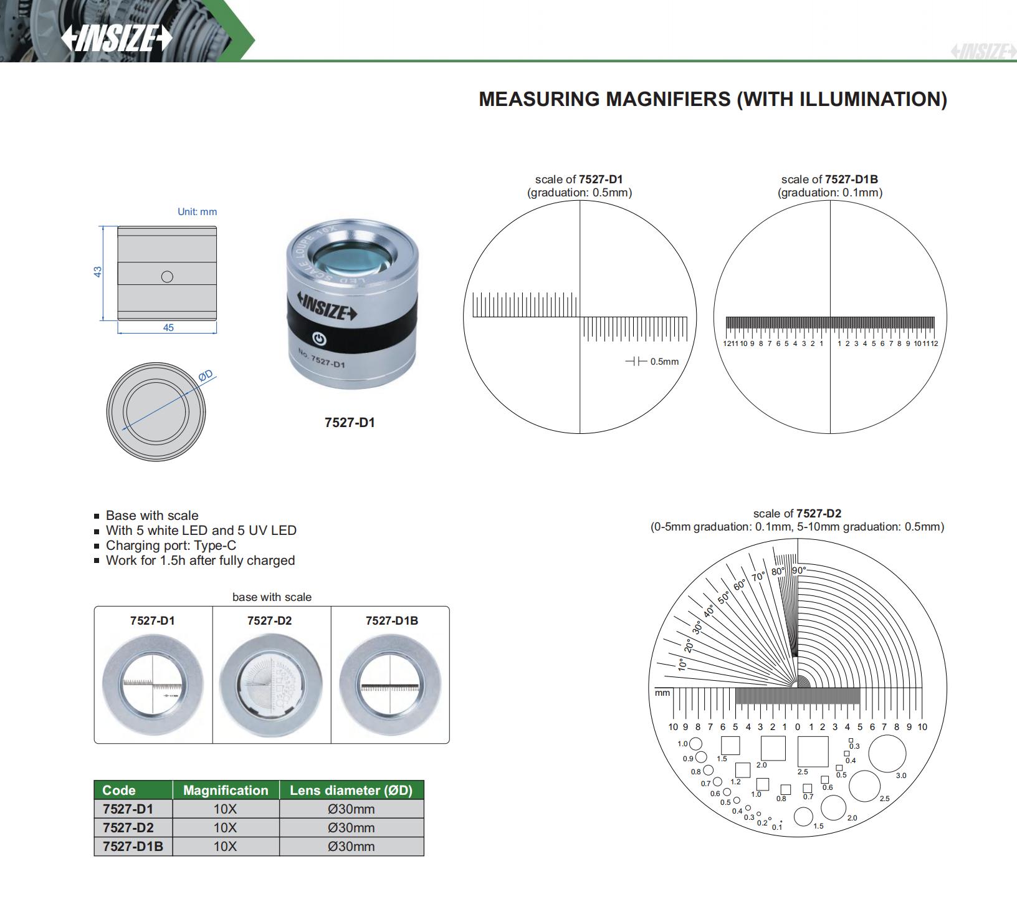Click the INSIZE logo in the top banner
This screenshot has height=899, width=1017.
pyautogui.click(x=117, y=38)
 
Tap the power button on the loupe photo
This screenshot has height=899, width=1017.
pyautogui.click(x=319, y=340)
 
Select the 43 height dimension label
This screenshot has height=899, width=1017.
pyautogui.click(x=98, y=272)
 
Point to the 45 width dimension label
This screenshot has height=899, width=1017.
pyautogui.click(x=168, y=327)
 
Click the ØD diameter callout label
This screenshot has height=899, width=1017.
pyautogui.click(x=206, y=375)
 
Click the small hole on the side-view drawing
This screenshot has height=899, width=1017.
pyautogui.click(x=167, y=276)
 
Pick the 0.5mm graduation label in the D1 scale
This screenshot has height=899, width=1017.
pyautogui.click(x=664, y=362)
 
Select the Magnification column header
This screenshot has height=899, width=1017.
pyautogui.click(x=226, y=791)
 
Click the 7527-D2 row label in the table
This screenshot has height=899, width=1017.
pyautogui.click(x=128, y=828)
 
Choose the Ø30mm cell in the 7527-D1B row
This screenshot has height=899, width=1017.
pyautogui.click(x=351, y=847)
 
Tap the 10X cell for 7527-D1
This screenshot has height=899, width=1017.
pyautogui.click(x=225, y=809)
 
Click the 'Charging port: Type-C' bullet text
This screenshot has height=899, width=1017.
pyautogui.click(x=171, y=546)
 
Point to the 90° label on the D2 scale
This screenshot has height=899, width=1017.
pyautogui.click(x=799, y=570)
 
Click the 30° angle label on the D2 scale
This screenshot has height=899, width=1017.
pyautogui.click(x=697, y=627)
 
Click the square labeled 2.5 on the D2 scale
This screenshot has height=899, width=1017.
pyautogui.click(x=813, y=751)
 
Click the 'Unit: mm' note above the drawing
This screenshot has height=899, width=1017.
pyautogui.click(x=197, y=212)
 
